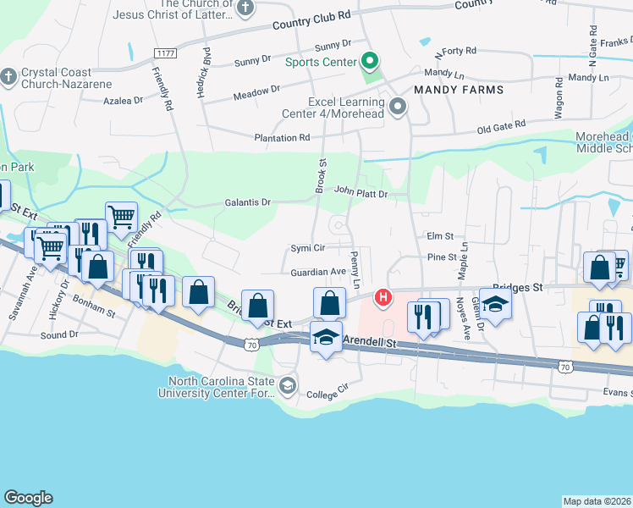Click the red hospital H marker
tap(383, 297)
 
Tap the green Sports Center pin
tap(369, 61)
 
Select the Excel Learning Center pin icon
tap(399, 107)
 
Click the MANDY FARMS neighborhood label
tap(459, 90)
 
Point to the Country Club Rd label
tap(311, 21)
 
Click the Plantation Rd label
tap(282, 138)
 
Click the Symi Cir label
tap(308, 249)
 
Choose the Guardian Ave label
tap(318, 272)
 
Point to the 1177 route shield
tap(165, 53)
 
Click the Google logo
tap(28, 498)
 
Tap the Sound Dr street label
tap(59, 335)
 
